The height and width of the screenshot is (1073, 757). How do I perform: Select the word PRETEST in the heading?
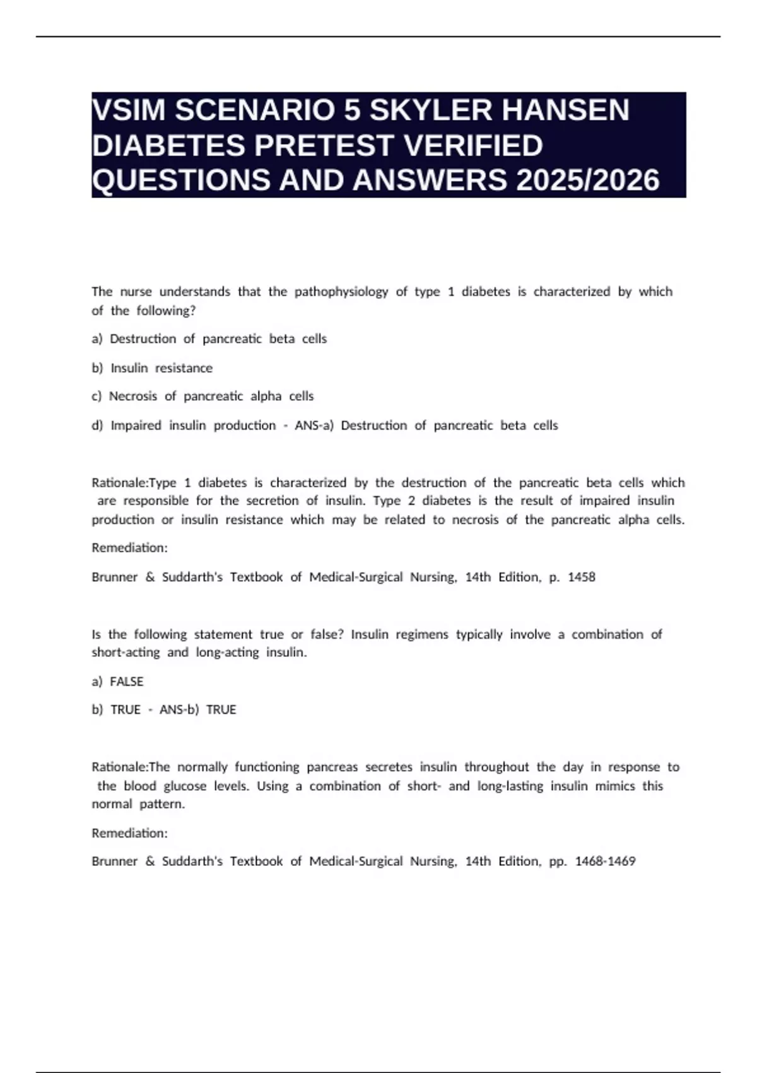pos(325,145)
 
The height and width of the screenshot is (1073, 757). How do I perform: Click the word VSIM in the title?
pos(129,110)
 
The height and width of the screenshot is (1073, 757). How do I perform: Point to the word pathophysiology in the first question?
pos(341,292)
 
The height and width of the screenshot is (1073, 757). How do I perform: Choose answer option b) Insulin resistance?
pos(152,368)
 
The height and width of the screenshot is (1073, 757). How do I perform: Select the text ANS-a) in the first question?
pos(314,425)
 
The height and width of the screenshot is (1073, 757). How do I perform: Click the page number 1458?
pos(581,577)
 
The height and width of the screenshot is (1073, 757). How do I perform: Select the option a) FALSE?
pos(118,682)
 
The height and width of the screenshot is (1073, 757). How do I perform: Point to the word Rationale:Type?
pos(134,483)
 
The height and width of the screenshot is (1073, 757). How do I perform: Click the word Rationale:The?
pos(131,767)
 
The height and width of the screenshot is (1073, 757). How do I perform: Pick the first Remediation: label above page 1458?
pos(129,548)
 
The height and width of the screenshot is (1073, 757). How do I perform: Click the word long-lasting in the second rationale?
pos(510,786)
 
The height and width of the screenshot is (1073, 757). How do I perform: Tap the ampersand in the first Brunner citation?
pos(150,577)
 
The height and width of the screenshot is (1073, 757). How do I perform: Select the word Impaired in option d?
pos(136,425)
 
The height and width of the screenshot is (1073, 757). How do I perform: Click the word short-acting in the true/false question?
pos(126,653)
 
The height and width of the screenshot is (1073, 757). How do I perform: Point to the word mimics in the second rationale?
pos(614,786)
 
